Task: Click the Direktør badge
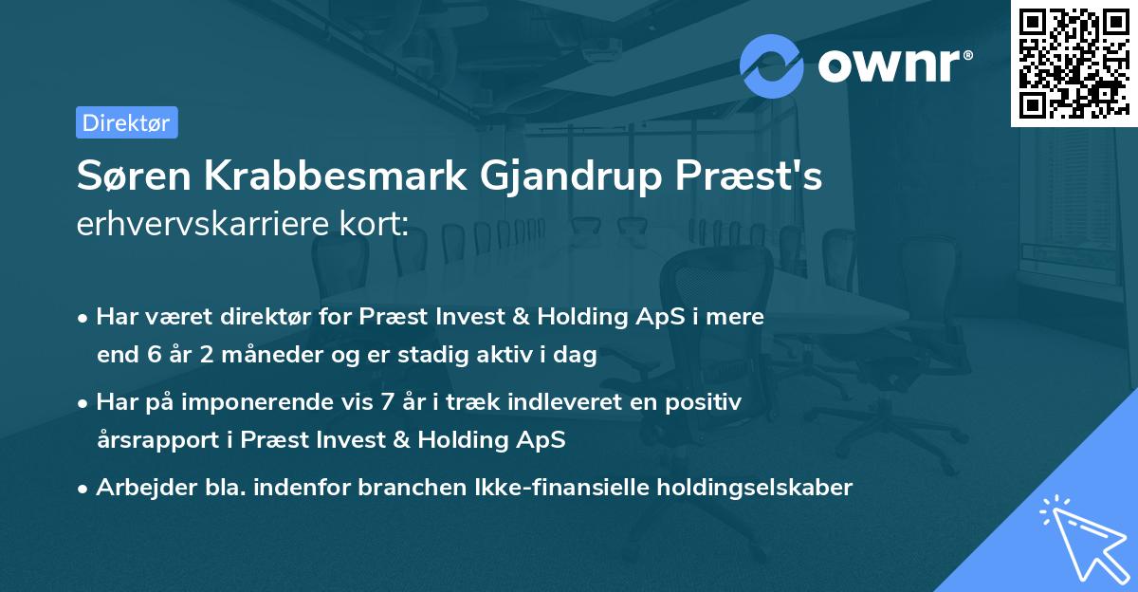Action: pyautogui.click(x=126, y=122)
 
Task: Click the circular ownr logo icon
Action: pyautogui.click(x=772, y=65)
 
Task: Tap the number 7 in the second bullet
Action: pyautogui.click(x=386, y=402)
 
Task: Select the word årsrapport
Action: pyautogui.click(x=155, y=440)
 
